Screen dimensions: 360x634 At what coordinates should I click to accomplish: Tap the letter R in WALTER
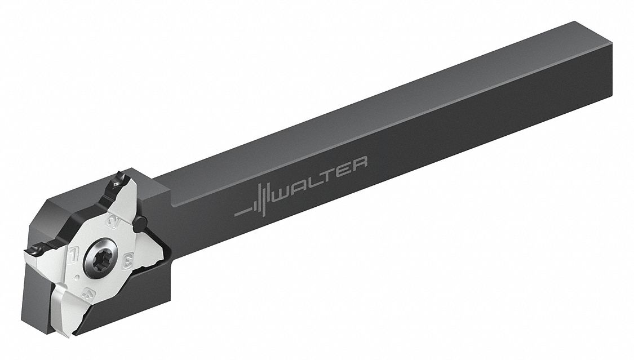point(359,163)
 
